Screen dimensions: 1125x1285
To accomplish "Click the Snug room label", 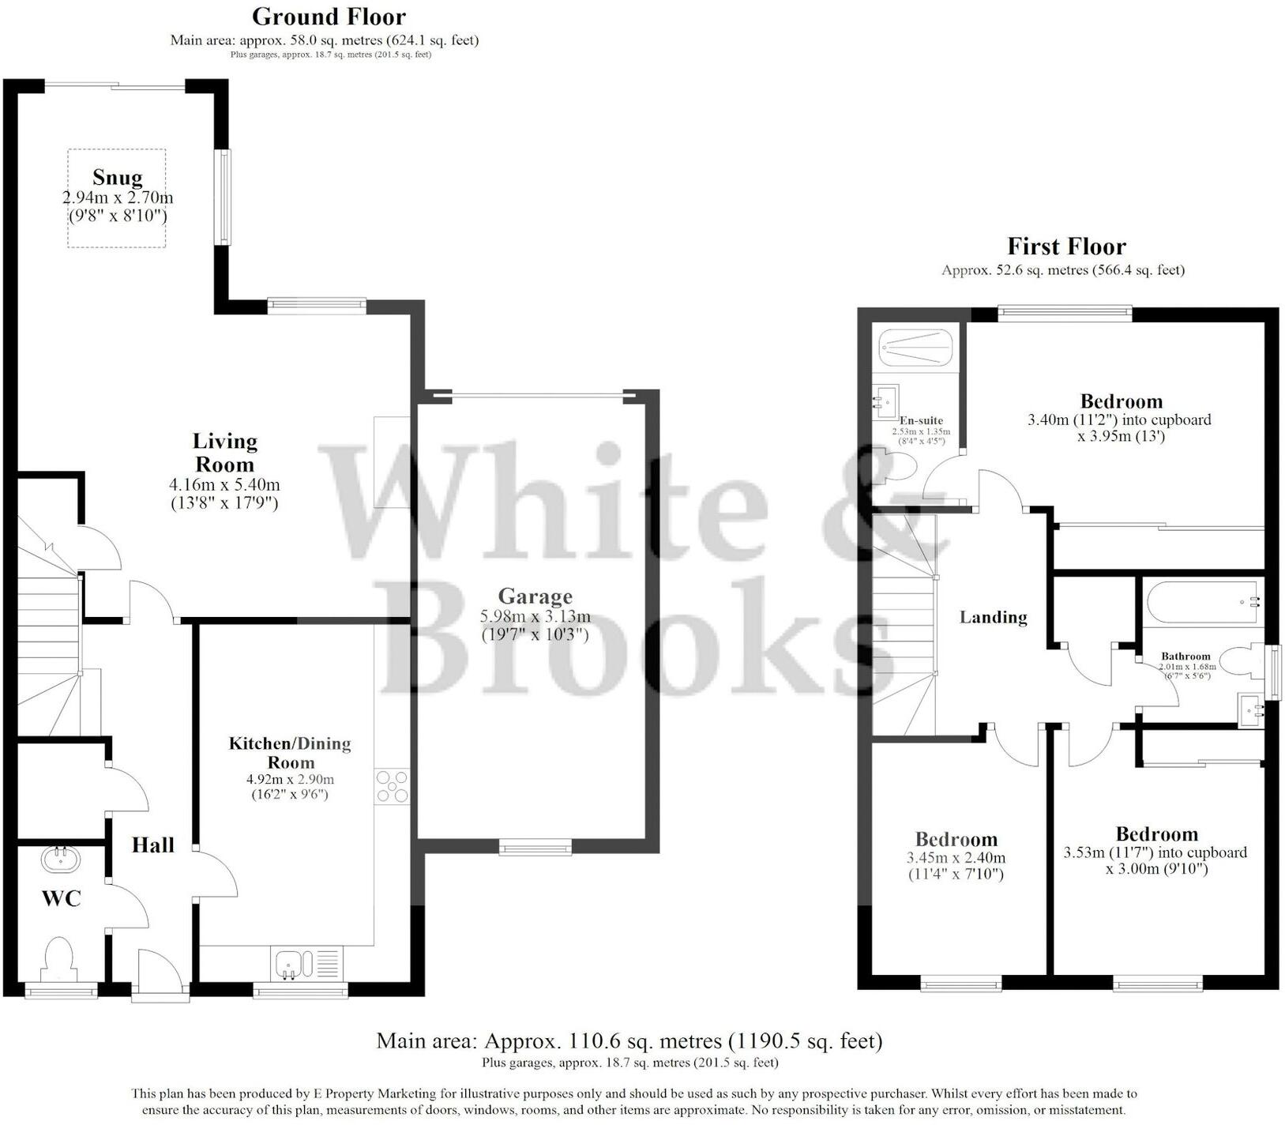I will click(117, 177).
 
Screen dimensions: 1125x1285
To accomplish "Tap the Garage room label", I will click(535, 596).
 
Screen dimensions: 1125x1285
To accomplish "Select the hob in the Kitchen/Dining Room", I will click(393, 787).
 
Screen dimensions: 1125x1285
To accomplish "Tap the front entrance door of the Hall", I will click(160, 976).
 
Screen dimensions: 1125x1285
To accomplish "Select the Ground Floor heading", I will click(329, 17).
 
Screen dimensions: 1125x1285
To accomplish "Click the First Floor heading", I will click(1065, 246).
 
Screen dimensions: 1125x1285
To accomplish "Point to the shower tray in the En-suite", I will click(916, 348).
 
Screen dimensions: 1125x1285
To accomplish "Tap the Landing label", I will click(993, 618).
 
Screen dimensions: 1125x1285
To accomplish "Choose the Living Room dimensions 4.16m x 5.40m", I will click(224, 485).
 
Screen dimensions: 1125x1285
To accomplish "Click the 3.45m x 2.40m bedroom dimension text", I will click(956, 858).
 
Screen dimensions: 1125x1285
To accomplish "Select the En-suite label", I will click(921, 420).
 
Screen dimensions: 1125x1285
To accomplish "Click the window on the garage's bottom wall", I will click(535, 848).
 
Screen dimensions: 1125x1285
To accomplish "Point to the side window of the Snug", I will click(225, 198).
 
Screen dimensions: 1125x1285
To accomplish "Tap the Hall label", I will click(152, 845).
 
